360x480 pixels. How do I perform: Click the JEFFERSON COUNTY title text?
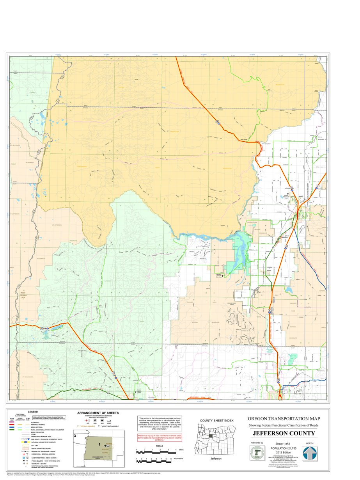click(283, 434)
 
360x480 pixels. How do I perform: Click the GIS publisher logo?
click(257, 453)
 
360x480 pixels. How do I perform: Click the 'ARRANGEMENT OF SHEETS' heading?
click(98, 413)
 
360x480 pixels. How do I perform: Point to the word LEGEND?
click(33, 412)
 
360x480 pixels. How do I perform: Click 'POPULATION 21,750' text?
click(283, 448)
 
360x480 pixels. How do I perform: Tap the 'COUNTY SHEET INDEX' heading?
click(216, 420)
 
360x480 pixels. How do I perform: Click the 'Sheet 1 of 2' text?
click(283, 444)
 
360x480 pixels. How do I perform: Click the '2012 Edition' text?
click(283, 452)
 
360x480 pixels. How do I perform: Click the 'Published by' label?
click(257, 443)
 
